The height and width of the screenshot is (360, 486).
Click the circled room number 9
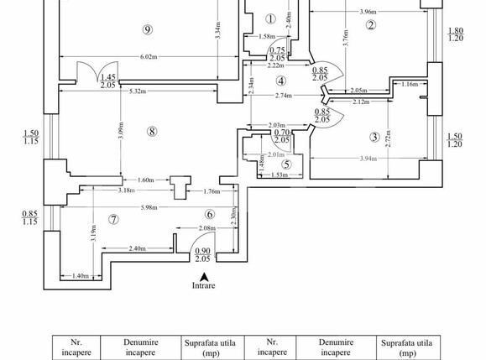click(148, 29)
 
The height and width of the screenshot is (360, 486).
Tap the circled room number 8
click(152, 132)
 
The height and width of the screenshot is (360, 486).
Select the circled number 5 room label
click(286, 164)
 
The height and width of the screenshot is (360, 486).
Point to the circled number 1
click(270, 19)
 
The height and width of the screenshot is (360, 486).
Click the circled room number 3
click(374, 137)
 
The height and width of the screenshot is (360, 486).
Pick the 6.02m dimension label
click(149, 57)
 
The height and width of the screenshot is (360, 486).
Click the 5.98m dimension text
click(149, 207)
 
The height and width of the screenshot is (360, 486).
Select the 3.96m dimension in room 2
click(368, 12)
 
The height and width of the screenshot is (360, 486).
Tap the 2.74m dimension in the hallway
click(284, 96)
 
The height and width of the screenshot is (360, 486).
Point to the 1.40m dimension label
click(81, 276)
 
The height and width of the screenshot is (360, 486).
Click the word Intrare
click(204, 285)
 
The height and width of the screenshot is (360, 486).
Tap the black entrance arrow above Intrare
click(204, 277)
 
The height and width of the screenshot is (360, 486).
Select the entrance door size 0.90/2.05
click(202, 255)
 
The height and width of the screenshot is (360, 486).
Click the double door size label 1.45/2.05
click(108, 81)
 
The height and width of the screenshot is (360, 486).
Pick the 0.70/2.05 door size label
click(282, 136)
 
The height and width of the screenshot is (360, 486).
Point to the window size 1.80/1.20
click(456, 34)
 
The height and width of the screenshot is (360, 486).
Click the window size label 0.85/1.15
click(29, 218)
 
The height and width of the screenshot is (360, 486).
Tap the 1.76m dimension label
click(212, 191)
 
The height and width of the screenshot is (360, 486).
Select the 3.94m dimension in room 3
click(368, 159)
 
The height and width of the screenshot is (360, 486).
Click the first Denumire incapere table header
click(140, 347)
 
